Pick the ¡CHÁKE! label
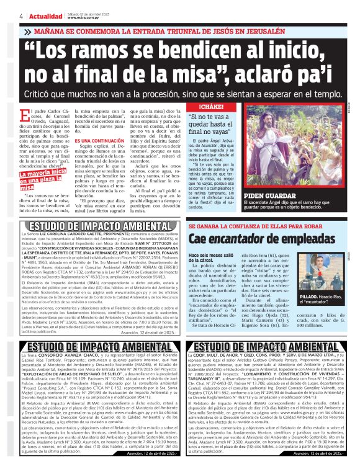pyautogui.click(x=200, y=106)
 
